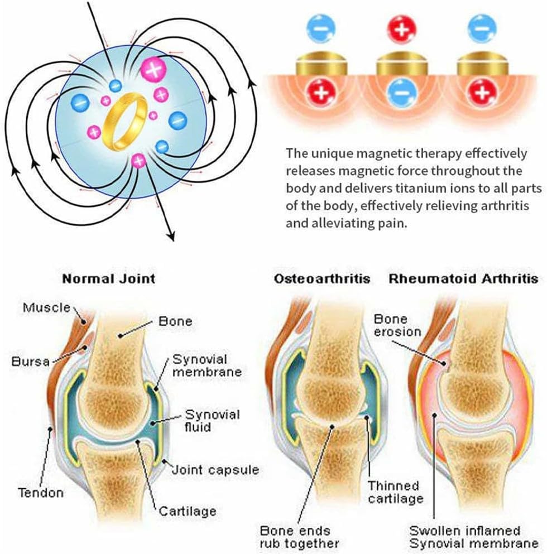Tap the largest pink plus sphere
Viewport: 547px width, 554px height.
[x=153, y=69]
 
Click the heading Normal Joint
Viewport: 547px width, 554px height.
[x=108, y=279]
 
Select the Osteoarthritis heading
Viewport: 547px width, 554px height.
[x=322, y=279]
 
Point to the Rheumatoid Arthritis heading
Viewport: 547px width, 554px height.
[x=463, y=279]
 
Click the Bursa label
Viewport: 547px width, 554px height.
[x=30, y=362]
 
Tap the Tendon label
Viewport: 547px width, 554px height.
[x=41, y=493]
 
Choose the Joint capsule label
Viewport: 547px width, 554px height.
[x=215, y=470]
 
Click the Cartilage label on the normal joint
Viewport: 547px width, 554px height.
[x=188, y=511]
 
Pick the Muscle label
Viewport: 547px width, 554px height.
[x=47, y=307]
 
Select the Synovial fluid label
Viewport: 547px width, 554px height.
[x=212, y=421]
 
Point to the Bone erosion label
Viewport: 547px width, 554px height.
[x=397, y=325]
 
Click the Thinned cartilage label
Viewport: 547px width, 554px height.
[x=395, y=492]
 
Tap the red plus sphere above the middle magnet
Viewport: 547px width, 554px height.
[x=401, y=28]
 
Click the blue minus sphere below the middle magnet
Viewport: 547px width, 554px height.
[x=401, y=93]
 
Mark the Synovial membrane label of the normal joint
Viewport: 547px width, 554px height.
[x=207, y=365]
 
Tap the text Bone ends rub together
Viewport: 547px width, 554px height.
[x=299, y=537]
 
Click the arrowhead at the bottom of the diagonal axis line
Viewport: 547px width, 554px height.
[x=171, y=236]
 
